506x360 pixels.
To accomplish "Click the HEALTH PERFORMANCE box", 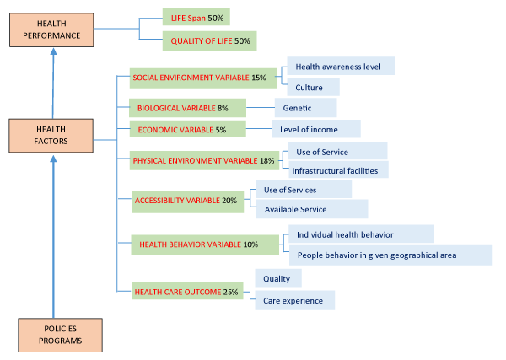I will (52, 31).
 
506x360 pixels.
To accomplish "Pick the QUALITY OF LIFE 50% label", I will (208, 40).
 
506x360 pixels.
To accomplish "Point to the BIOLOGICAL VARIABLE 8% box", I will (186, 108).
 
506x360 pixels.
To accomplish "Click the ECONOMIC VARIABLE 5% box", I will (186, 130).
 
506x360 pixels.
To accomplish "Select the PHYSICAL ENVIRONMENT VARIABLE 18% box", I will (205, 160).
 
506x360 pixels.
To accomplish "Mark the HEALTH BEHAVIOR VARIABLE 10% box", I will (204, 244).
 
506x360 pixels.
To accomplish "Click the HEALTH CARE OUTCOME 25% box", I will (186, 292).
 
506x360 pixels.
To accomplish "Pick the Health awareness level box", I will (340, 66).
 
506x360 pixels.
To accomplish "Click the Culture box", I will (313, 87).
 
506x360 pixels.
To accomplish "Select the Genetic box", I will (304, 108).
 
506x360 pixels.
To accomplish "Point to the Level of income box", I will (315, 128).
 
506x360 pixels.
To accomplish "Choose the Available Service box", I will (311, 209).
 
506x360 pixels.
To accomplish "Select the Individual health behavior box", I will (360, 234).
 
